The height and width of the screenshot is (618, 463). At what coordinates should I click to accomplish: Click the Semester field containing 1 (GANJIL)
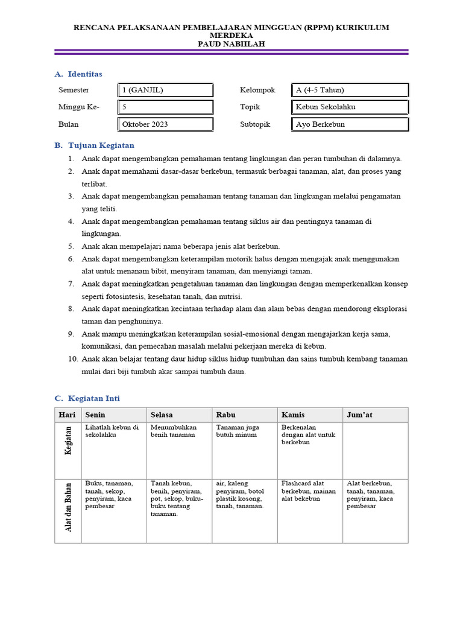[166, 90]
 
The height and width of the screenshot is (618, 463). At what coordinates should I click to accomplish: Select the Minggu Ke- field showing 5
[166, 107]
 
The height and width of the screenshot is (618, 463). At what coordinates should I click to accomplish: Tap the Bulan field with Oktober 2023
[166, 124]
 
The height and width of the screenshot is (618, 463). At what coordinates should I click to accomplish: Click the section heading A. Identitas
[78, 74]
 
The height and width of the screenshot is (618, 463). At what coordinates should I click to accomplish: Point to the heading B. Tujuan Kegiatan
[94, 145]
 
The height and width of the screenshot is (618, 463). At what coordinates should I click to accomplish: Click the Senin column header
[95, 415]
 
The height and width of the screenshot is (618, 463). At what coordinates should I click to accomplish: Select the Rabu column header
[225, 415]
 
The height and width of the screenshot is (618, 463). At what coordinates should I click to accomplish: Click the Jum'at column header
[358, 415]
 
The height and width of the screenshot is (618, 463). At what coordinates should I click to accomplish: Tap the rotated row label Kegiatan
[68, 440]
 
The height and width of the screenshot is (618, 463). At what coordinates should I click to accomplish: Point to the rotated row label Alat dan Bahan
[68, 507]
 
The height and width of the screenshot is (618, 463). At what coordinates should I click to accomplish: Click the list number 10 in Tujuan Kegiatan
[72, 358]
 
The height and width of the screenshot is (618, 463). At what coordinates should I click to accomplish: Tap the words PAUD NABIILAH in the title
[231, 44]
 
